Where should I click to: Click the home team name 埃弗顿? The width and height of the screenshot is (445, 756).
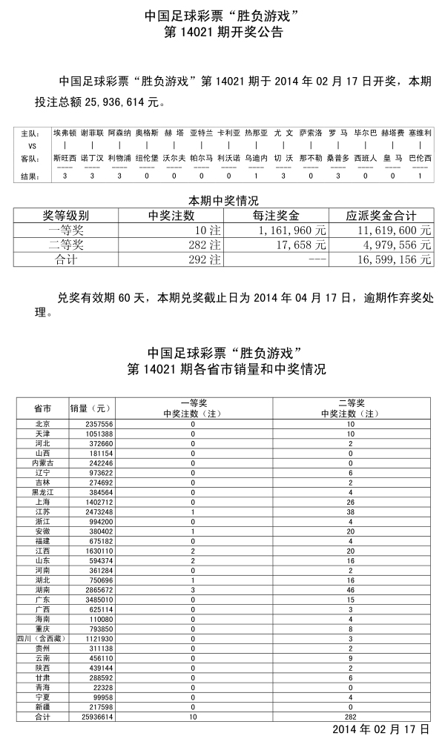pos(65,133)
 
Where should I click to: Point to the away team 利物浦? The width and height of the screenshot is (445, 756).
pos(119,158)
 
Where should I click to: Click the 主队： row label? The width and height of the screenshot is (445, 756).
pos(29,133)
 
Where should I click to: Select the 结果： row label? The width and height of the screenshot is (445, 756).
pos(29,176)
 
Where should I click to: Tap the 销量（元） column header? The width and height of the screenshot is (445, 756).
pos(90,408)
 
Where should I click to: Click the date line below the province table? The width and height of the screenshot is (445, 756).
pos(380,729)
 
